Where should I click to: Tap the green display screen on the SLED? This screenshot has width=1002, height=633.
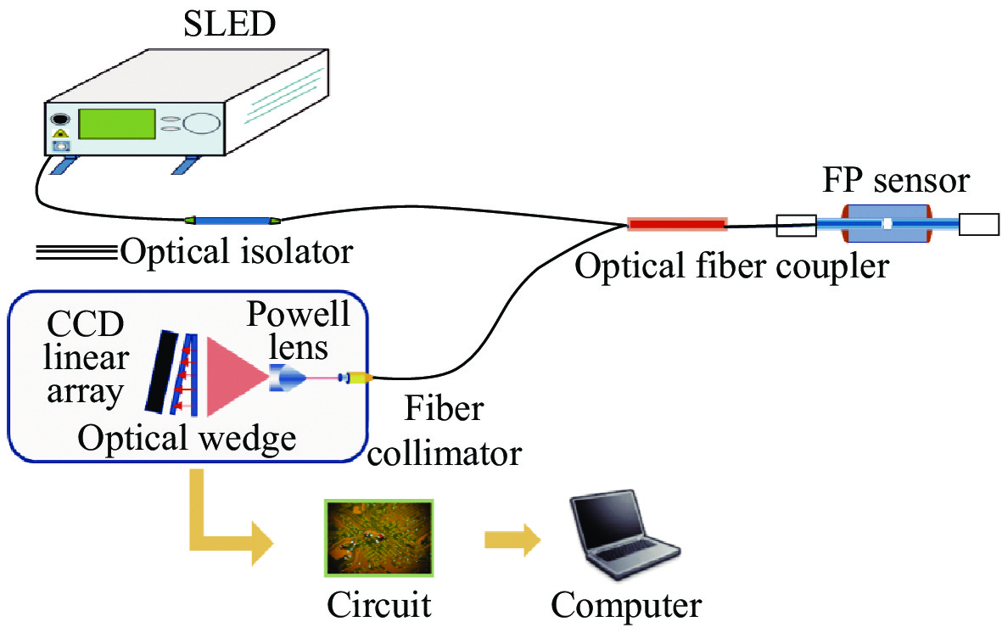(117, 124)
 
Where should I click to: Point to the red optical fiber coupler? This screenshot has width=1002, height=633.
(677, 224)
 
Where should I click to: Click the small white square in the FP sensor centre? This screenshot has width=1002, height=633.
(887, 225)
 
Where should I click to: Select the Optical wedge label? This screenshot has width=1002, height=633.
(187, 439)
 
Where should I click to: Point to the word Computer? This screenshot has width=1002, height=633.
(626, 605)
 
